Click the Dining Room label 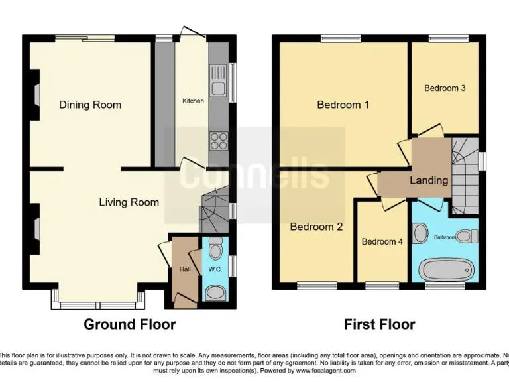point(90,105)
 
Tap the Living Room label point(129,202)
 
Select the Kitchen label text point(193,101)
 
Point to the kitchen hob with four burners point(218,140)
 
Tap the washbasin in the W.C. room point(215,292)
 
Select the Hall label point(184,269)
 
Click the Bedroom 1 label point(343,105)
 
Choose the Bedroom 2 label point(316,227)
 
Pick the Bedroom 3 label point(445,88)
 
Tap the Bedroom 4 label point(382,242)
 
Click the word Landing point(429,180)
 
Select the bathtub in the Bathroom point(447,271)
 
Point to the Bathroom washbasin point(420,233)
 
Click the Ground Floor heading point(129,324)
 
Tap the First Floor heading point(379,324)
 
